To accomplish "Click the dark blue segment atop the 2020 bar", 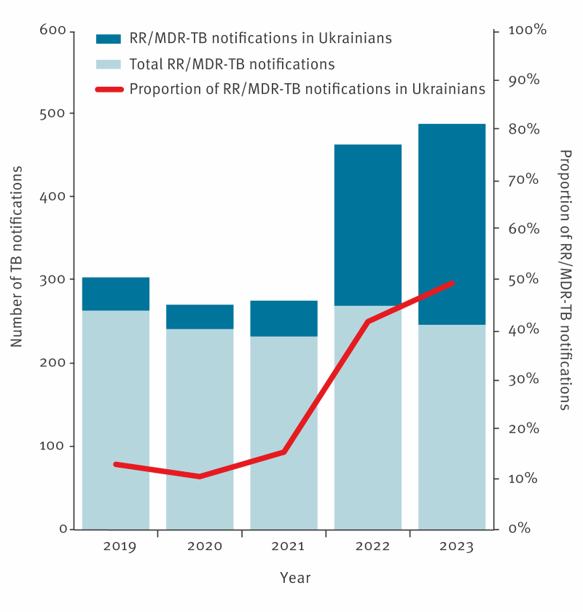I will [x=200, y=317].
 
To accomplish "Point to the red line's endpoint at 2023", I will [x=452, y=283].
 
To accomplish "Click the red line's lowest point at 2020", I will [x=200, y=476].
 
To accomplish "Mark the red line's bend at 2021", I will [x=283, y=452].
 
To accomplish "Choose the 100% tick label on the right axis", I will [x=527, y=31].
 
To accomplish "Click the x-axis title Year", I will [x=295, y=578].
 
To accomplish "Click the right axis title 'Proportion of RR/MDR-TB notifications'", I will [x=565, y=280].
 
